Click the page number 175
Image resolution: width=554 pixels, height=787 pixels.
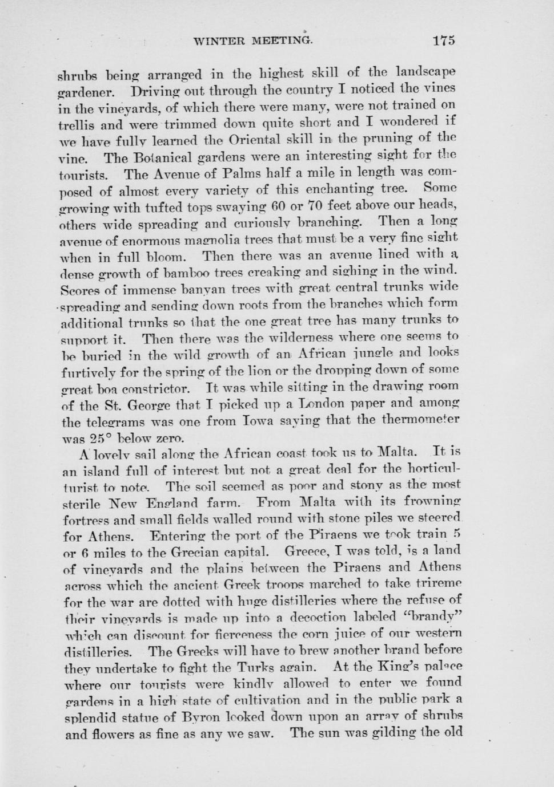pos(443,40)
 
